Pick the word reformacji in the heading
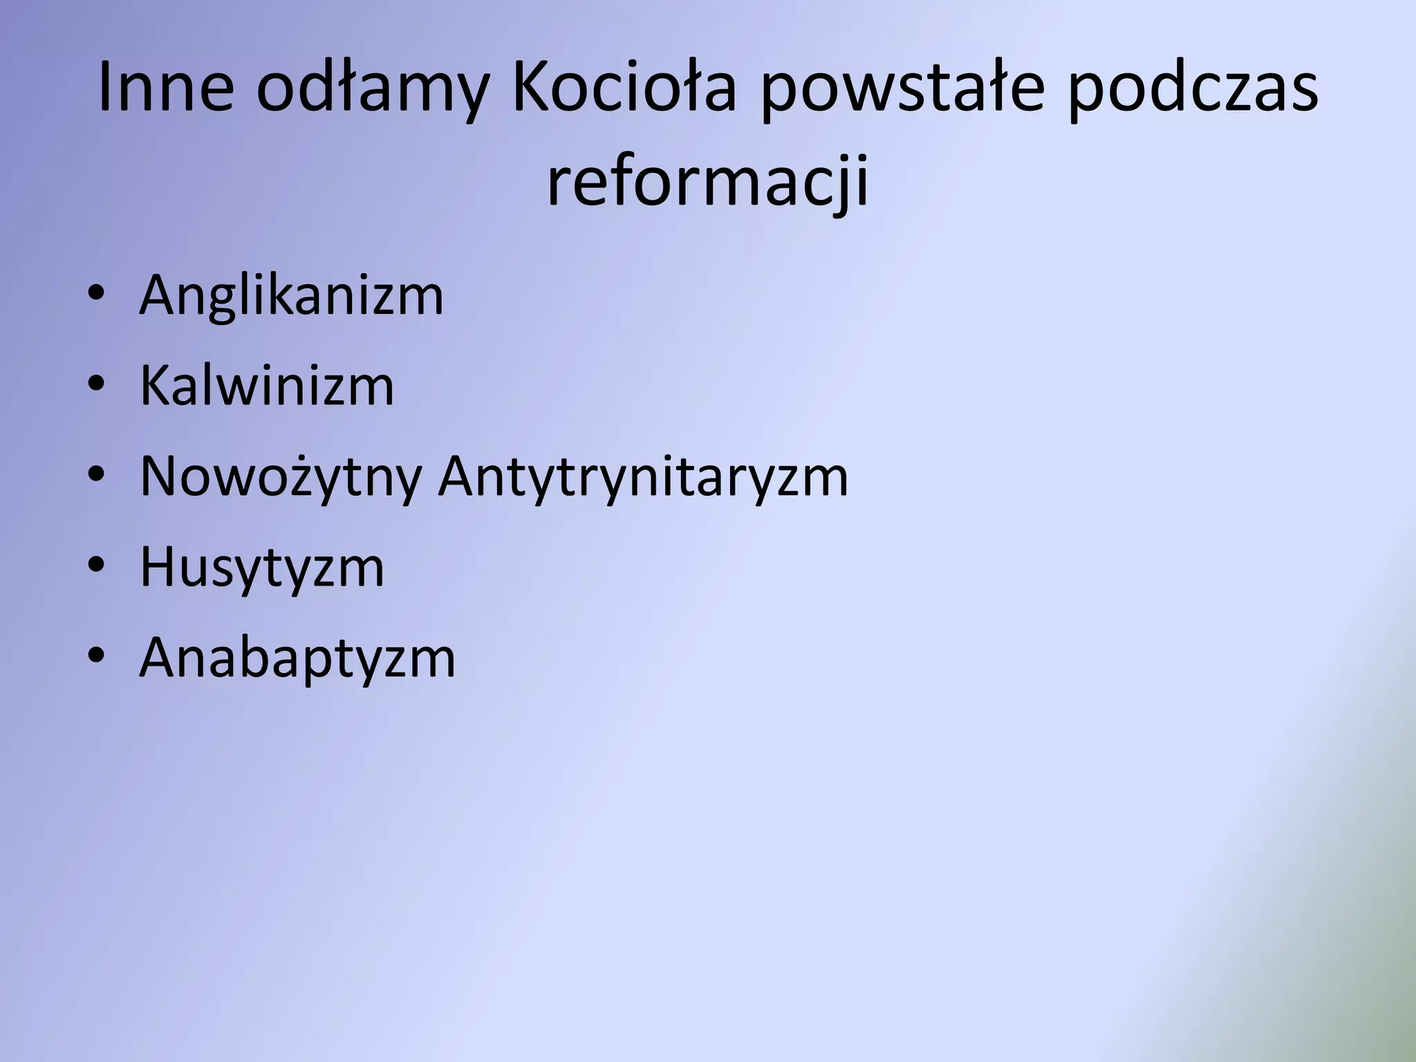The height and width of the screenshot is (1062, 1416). [707, 183]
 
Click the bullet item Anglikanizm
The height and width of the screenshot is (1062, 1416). [291, 296]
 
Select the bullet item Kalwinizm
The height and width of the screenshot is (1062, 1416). [267, 386]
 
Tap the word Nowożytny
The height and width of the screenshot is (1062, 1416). [280, 477]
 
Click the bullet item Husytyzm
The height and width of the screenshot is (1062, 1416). [262, 568]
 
